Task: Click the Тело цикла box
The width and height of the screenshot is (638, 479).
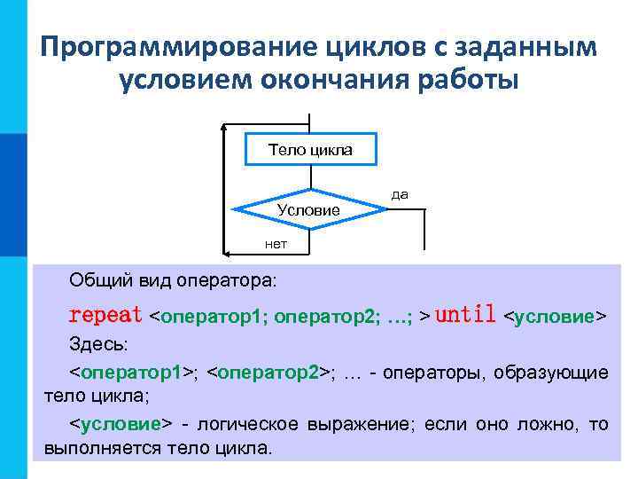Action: point(310,149)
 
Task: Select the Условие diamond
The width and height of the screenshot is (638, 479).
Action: point(308,209)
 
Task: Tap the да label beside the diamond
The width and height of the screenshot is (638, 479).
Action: point(400,193)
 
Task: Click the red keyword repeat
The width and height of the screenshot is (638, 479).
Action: point(105,315)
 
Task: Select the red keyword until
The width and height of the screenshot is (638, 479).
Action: point(465,315)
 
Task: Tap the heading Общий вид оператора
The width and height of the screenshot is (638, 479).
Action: point(173,280)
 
